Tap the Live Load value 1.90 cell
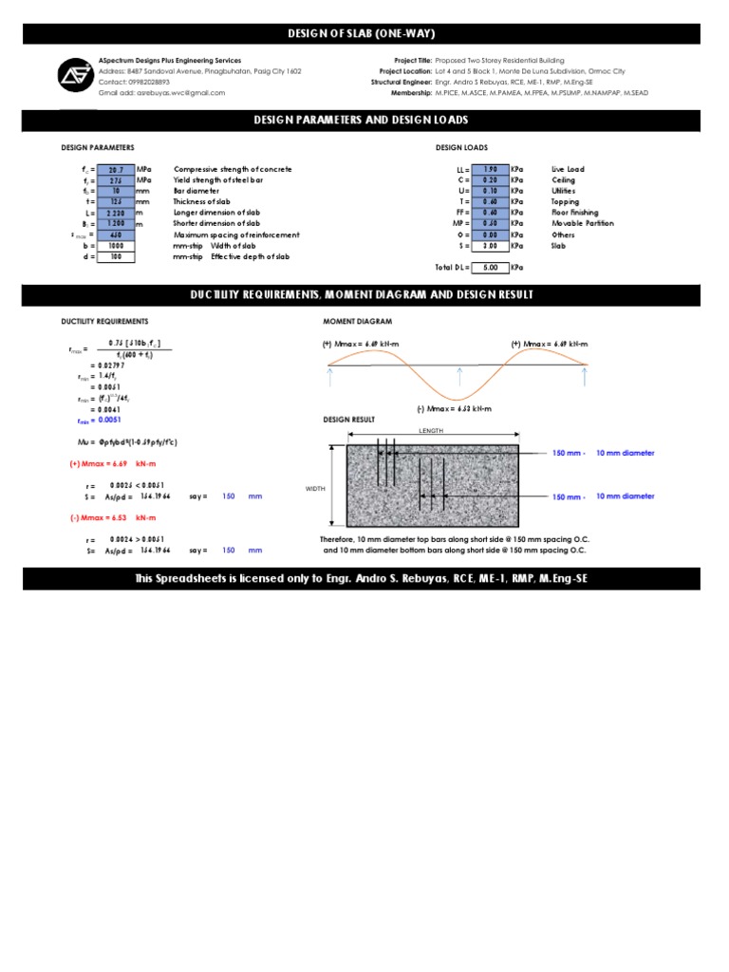coord(490,169)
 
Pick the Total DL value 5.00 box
coord(490,268)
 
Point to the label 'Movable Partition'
coord(582,223)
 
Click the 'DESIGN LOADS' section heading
coord(461,148)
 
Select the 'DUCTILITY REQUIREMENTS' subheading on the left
coord(104,322)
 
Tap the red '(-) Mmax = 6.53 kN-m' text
coord(111,517)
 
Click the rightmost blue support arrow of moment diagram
coord(585,376)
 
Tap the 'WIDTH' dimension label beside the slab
coord(315,489)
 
